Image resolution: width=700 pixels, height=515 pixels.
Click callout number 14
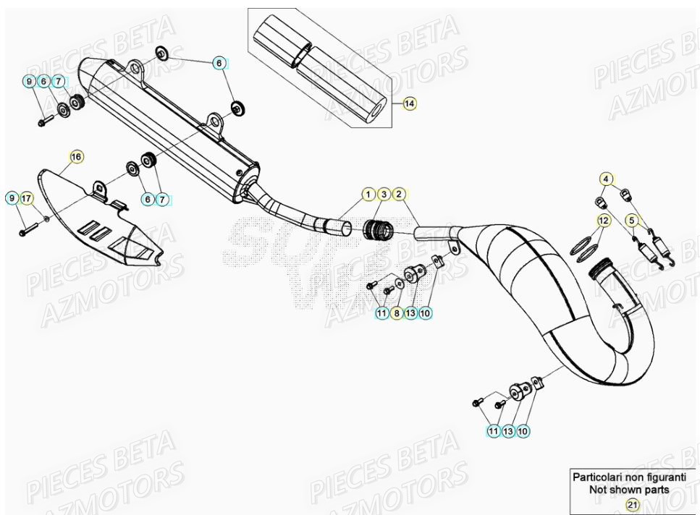tap(410, 104)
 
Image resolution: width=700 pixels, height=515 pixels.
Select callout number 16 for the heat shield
tap(76, 157)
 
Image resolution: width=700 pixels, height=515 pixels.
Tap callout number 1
tap(368, 194)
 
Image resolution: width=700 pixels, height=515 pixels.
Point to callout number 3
tap(383, 194)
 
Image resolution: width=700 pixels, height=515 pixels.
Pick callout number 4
tap(607, 178)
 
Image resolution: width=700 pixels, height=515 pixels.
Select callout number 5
tap(631, 219)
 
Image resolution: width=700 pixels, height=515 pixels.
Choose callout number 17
tap(27, 198)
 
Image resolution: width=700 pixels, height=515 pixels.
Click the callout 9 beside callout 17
tap(12, 198)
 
